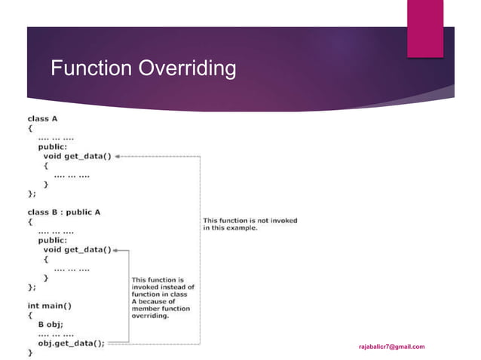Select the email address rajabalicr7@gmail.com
tap(391, 346)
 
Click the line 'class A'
tap(44, 119)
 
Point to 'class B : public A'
tap(64, 212)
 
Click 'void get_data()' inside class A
tap(77, 157)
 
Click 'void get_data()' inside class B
tap(77, 249)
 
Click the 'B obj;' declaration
tap(53, 324)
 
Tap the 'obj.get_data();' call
tap(72, 342)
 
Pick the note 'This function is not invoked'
tap(250, 224)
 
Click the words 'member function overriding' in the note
tap(161, 313)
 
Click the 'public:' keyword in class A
tap(54, 148)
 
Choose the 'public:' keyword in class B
tap(54, 240)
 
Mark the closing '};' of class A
tap(32, 194)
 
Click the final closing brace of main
tap(30, 352)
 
